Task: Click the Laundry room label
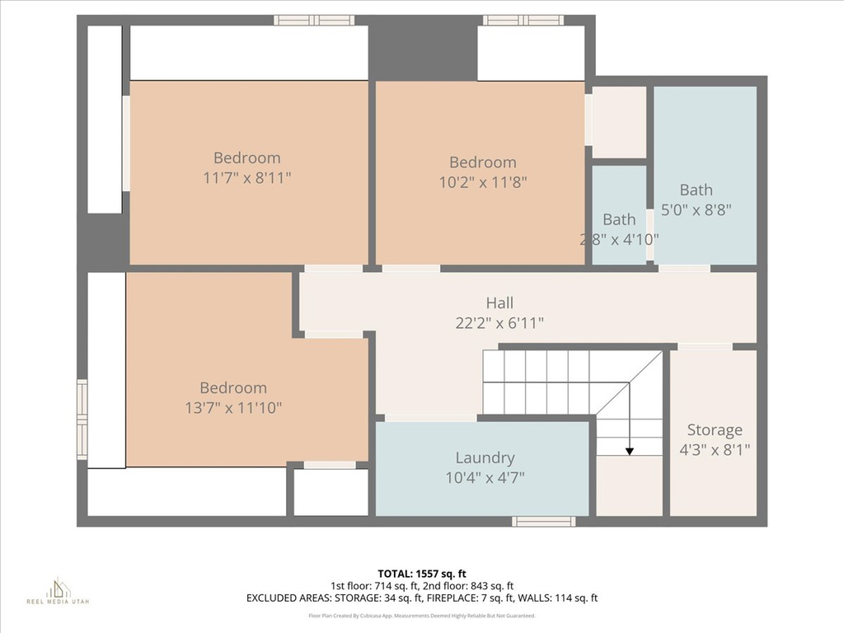485,457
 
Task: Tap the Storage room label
715,429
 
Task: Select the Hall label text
499,303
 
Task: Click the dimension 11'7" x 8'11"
247,177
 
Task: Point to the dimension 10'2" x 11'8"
483,182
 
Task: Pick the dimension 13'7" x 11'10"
233,407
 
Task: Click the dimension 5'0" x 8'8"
696,209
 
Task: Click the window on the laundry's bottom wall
543,521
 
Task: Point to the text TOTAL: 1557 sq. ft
421,573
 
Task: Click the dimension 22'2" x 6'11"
499,323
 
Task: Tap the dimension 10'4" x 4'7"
485,476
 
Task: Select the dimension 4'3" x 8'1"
715,449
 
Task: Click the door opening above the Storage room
705,347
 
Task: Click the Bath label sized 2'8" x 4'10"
619,219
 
